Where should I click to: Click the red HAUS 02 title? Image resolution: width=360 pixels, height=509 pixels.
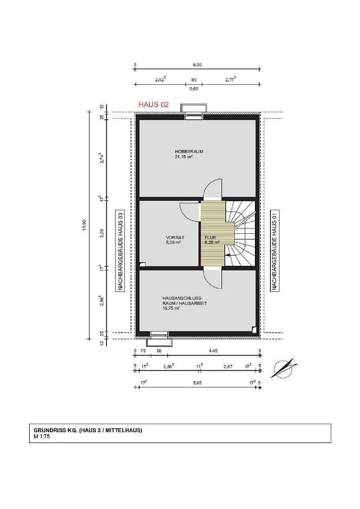pos(153,105)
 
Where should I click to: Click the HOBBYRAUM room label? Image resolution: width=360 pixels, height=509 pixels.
pos(188,152)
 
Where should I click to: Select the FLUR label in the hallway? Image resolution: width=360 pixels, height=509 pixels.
pos(210,237)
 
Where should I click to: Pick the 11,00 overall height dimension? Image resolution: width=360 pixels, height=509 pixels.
pos(84,225)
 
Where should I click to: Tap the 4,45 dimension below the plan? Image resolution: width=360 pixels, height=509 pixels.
pos(213,351)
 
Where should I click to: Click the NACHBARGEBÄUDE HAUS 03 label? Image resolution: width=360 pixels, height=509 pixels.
pos(120,250)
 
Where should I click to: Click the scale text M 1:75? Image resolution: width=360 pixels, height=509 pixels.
pos(42,436)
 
